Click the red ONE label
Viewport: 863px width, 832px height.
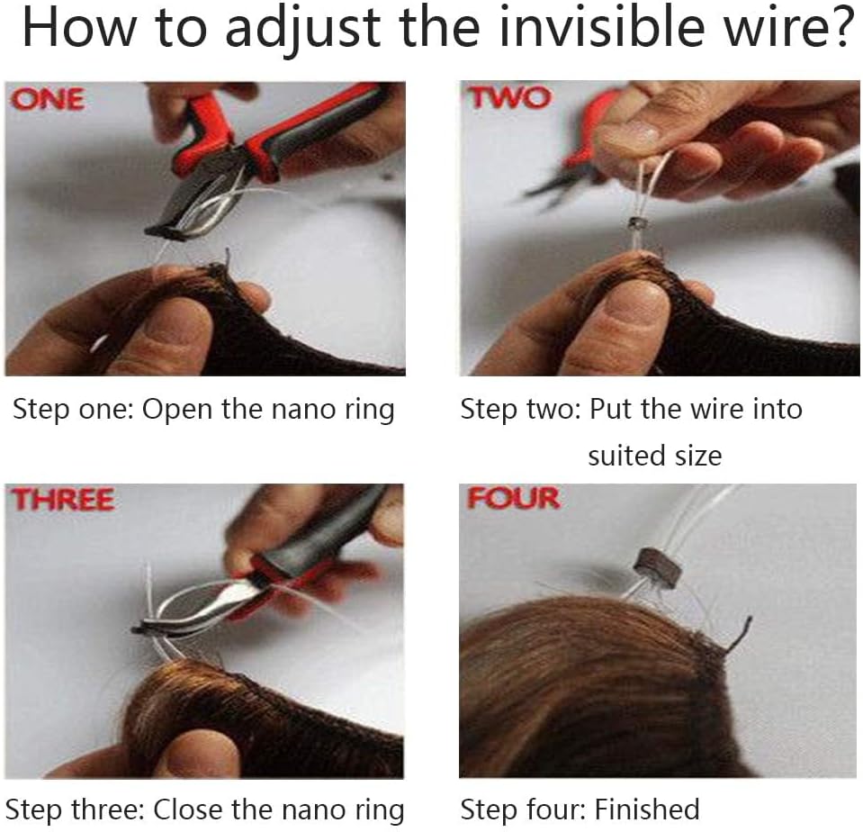(48, 99)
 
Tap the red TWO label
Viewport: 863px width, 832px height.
(509, 98)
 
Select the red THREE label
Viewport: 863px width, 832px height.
(63, 500)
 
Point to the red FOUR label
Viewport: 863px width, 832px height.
(514, 498)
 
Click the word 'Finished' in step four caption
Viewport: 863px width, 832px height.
(647, 809)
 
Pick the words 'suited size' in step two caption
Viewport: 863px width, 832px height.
(655, 456)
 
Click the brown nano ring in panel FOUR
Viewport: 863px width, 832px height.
(658, 566)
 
